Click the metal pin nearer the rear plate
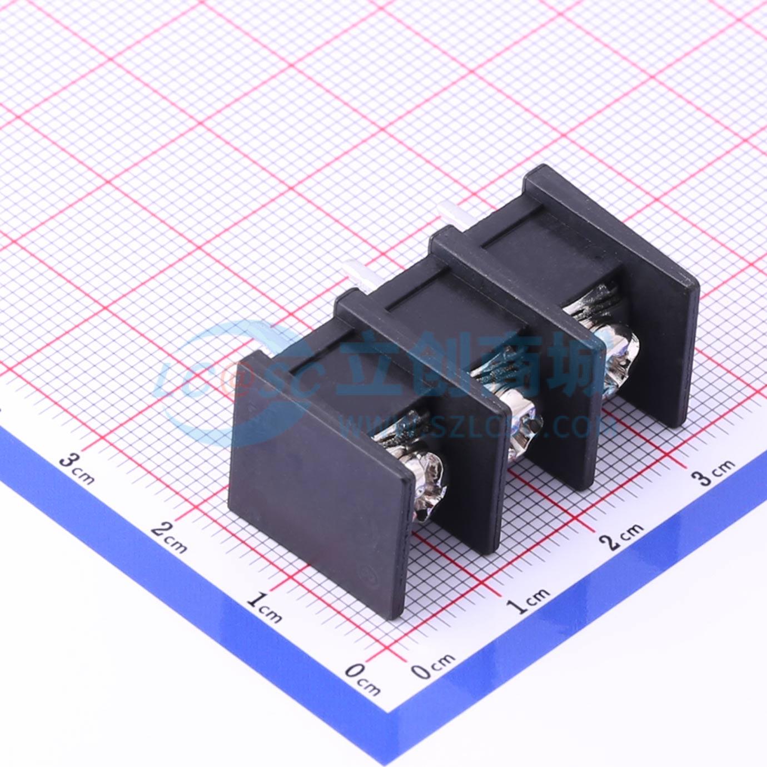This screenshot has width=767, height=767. click(x=449, y=214)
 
